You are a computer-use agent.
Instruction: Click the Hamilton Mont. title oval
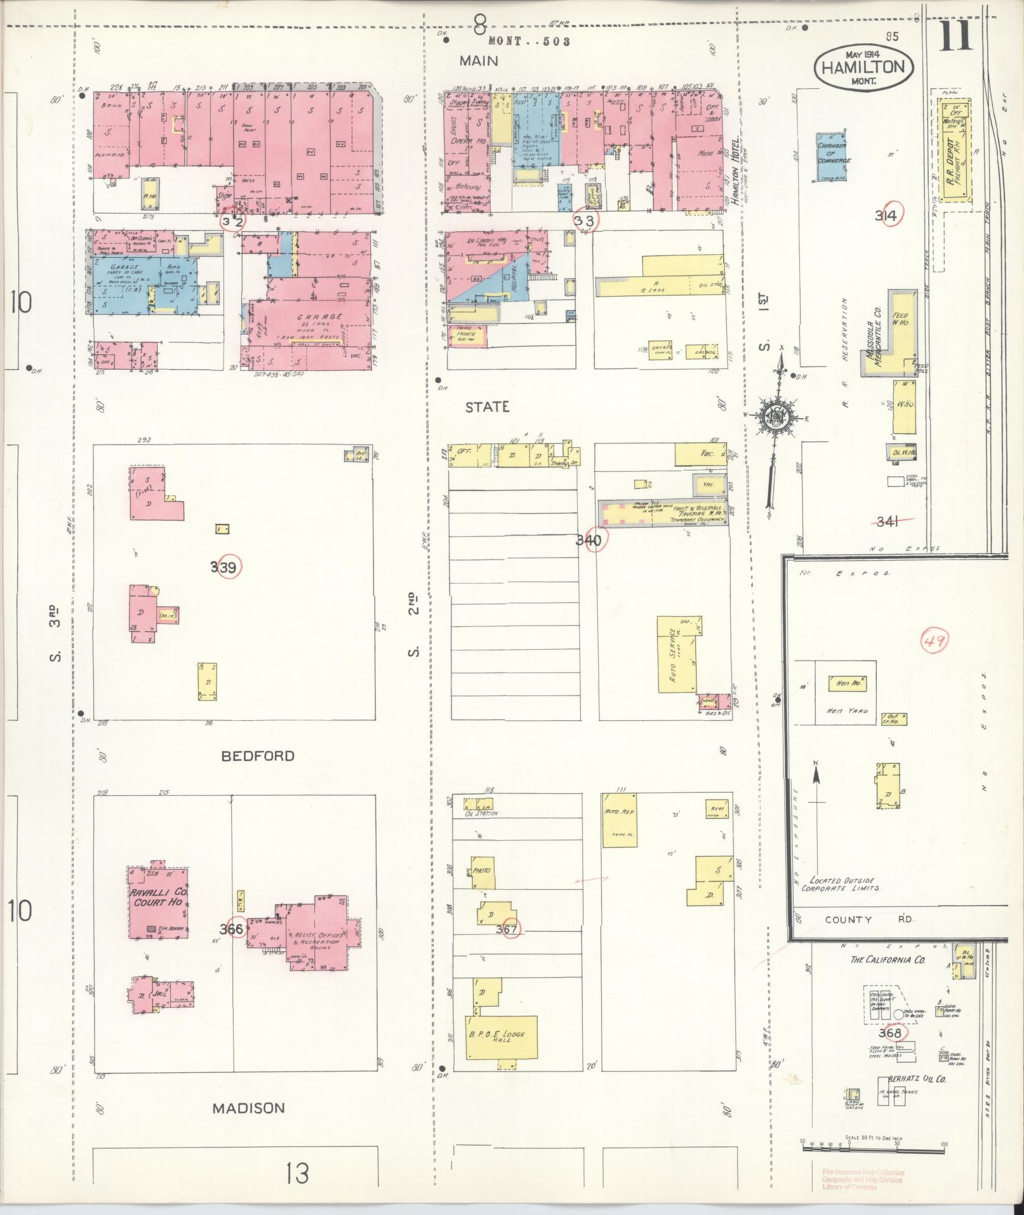pos(864,66)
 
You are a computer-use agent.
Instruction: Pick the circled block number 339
pos(227,567)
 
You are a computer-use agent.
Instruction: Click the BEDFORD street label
pos(258,756)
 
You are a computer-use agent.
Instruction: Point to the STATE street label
pos(487,407)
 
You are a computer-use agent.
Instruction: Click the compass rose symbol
pos(776,416)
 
